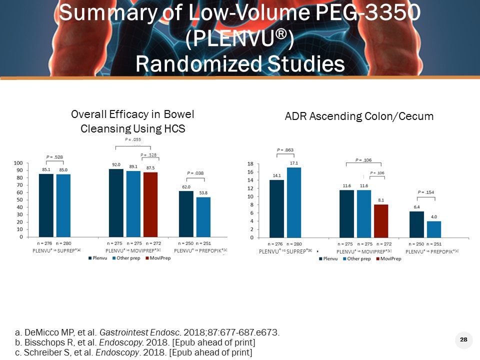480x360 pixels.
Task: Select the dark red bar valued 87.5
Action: point(150,204)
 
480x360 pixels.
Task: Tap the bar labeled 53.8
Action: point(203,217)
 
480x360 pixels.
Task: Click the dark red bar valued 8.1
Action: point(380,220)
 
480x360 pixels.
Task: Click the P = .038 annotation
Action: point(195,173)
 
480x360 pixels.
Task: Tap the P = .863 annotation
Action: point(285,149)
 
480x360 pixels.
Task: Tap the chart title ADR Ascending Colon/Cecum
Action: point(358,116)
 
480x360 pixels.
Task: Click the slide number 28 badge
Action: point(463,340)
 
